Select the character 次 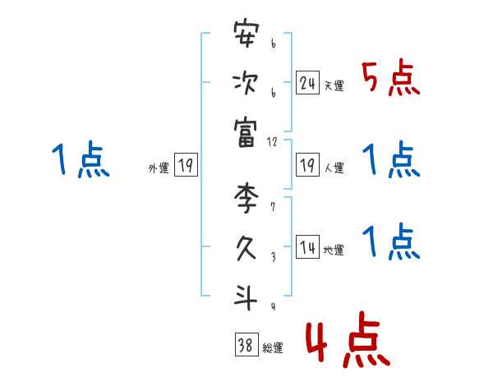(246, 82)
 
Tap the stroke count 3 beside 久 (272, 256)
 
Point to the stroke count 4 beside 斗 (272, 306)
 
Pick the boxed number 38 (246, 346)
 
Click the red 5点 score (390, 78)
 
